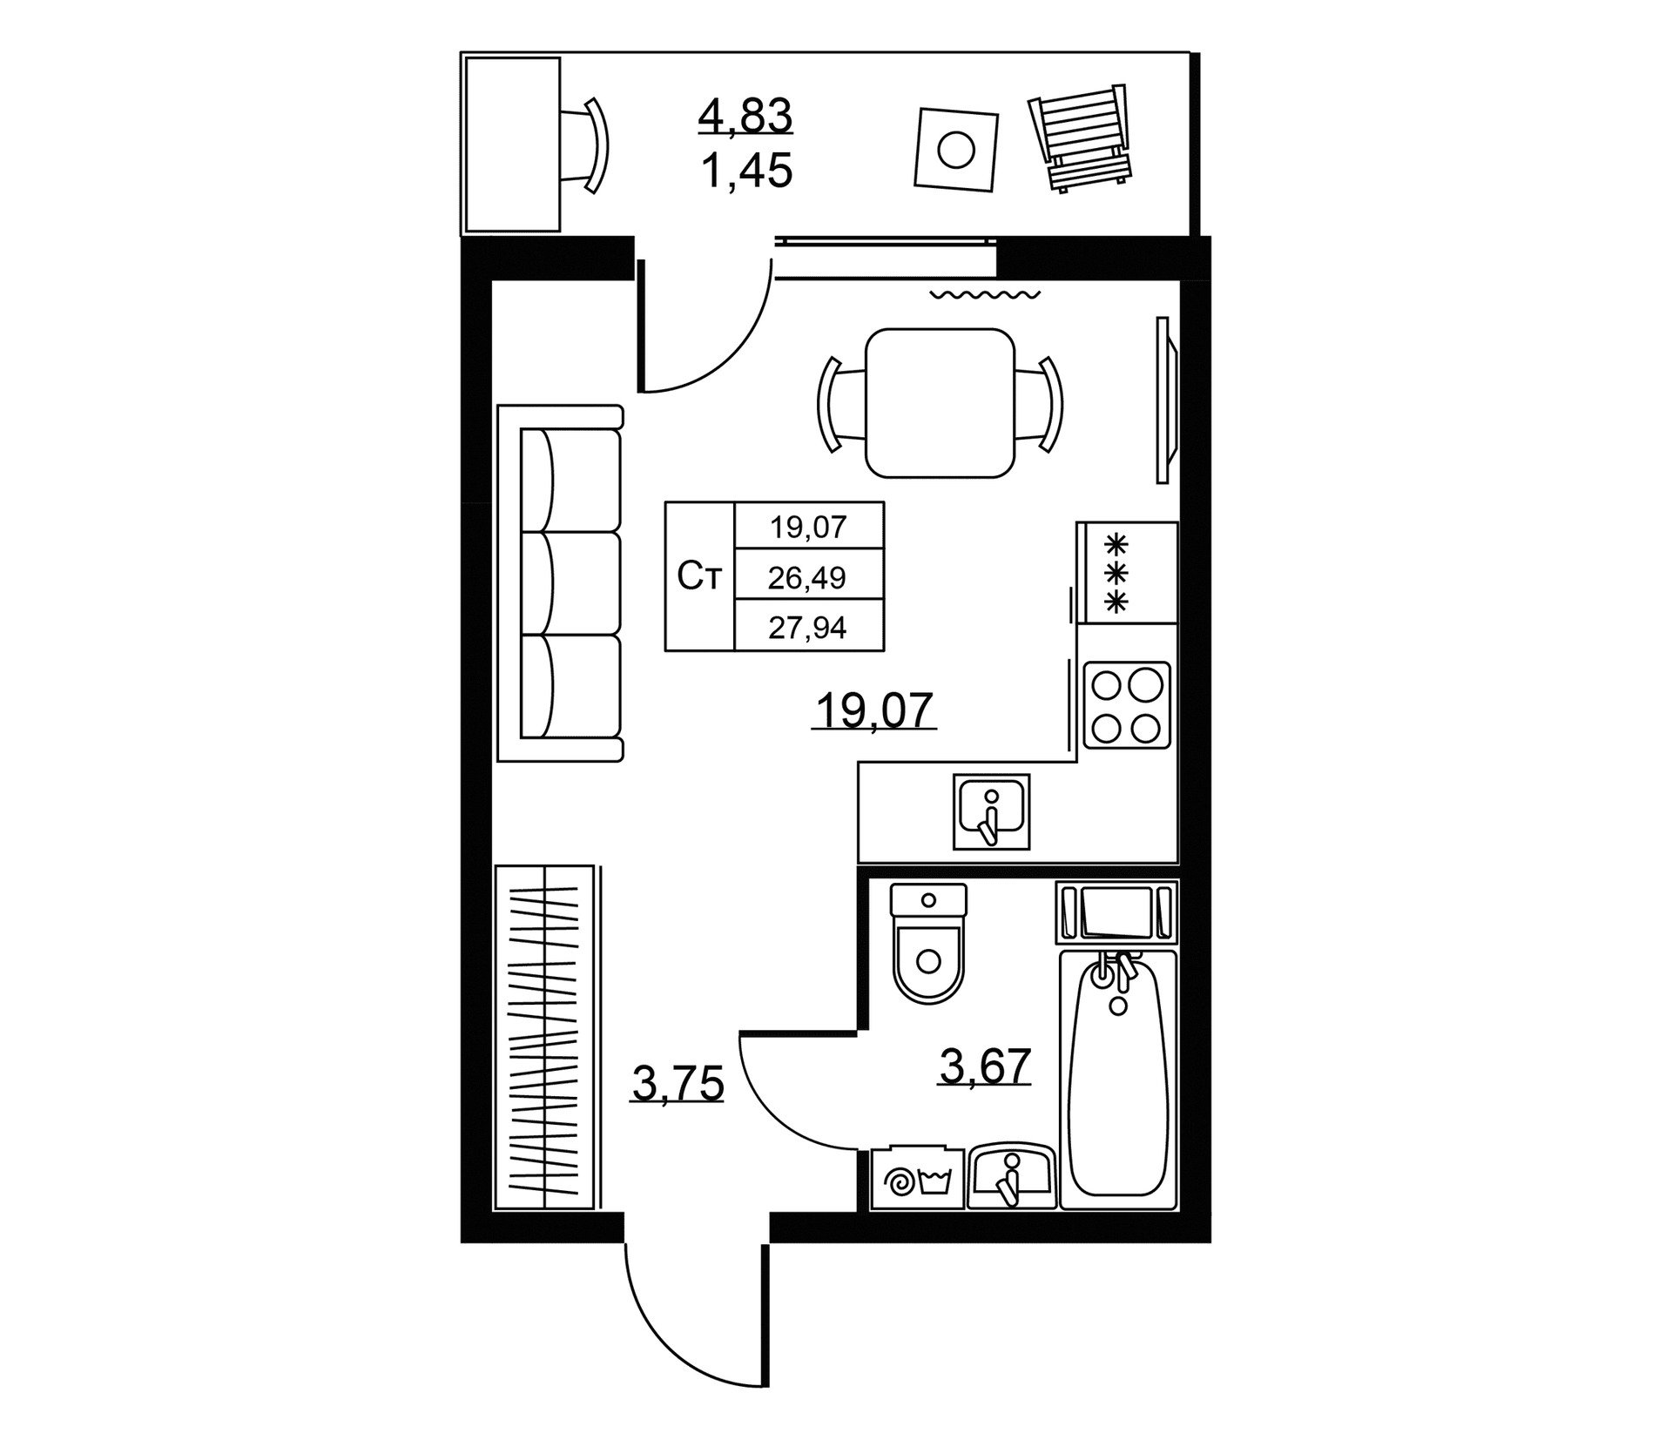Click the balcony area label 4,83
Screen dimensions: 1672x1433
(x=745, y=116)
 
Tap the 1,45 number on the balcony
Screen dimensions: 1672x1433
(x=746, y=171)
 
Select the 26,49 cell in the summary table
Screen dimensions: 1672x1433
(x=808, y=577)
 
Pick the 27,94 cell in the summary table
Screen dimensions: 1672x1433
(x=808, y=627)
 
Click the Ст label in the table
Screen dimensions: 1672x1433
(x=700, y=576)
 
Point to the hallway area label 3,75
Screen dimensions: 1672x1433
(x=678, y=1085)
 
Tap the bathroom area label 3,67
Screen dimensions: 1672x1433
(x=985, y=1066)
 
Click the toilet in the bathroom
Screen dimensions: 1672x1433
(x=928, y=943)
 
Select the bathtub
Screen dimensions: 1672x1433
(x=1118, y=1080)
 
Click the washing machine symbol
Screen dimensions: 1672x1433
(x=918, y=1178)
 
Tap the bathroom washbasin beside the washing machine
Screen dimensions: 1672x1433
(x=1012, y=1176)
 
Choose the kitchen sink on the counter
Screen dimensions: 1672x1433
(x=991, y=811)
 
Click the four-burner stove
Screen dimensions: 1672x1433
(x=1127, y=704)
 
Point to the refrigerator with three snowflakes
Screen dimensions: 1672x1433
(x=1128, y=573)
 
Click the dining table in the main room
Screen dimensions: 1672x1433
(x=940, y=403)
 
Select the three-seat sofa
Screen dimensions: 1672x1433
(x=561, y=583)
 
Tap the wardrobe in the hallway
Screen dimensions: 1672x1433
(x=545, y=1037)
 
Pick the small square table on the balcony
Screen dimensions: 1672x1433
(x=955, y=149)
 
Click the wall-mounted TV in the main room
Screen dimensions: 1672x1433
(x=1166, y=400)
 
